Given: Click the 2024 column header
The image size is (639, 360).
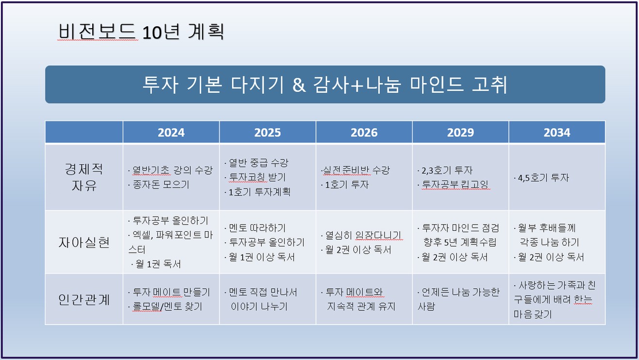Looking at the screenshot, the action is click(x=171, y=133).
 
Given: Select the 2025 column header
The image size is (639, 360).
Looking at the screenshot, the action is click(x=268, y=133).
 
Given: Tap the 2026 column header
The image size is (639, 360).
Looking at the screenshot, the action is click(x=364, y=133).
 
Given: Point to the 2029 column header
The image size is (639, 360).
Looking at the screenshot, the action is click(x=460, y=133).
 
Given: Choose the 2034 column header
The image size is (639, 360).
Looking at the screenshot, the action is click(x=557, y=133).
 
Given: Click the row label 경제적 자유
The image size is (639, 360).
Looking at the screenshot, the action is click(x=84, y=177).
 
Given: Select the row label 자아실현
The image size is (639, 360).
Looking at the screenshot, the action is click(x=84, y=242).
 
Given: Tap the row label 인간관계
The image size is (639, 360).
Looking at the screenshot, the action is click(x=84, y=300).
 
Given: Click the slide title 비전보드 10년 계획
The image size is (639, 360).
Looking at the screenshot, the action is click(x=141, y=32).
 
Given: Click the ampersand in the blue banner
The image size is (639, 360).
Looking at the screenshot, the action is click(x=299, y=85).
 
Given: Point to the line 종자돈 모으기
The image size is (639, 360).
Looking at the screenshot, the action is click(x=161, y=185).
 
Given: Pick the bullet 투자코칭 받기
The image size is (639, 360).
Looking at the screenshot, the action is click(x=257, y=177).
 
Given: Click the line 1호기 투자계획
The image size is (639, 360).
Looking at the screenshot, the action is click(x=259, y=192).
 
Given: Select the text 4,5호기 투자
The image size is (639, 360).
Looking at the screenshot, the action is click(x=543, y=178).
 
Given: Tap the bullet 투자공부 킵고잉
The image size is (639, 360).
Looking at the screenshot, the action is click(x=455, y=185).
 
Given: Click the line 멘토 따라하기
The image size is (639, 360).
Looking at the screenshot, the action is click(x=257, y=228).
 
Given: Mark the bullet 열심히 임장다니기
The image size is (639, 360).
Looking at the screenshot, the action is click(x=363, y=235).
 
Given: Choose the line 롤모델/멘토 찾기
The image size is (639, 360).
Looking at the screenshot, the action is click(x=167, y=307).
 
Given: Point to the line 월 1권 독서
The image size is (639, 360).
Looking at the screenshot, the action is click(x=158, y=264).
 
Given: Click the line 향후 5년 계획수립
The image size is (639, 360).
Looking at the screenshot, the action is click(x=460, y=242).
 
